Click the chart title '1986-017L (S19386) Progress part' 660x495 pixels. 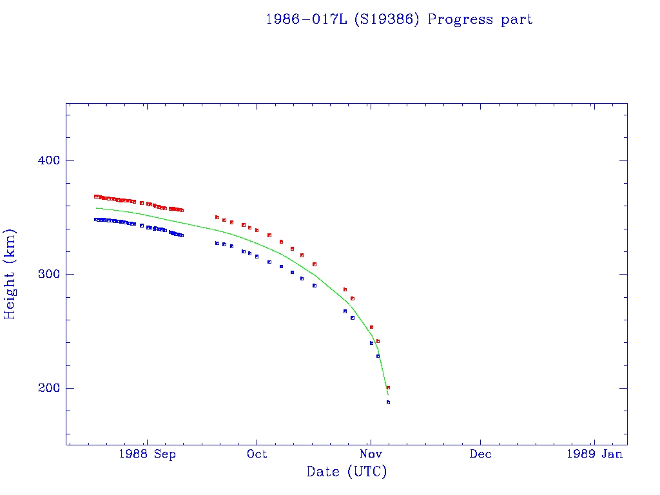click(x=399, y=19)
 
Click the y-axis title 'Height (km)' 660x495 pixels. click(x=10, y=274)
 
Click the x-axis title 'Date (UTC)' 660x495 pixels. click(x=346, y=472)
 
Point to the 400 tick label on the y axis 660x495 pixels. click(x=46, y=160)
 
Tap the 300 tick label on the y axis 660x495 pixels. click(x=46, y=274)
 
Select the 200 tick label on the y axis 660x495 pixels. click(x=46, y=388)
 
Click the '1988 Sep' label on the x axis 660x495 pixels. click(x=147, y=454)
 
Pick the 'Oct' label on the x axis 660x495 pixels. click(x=257, y=454)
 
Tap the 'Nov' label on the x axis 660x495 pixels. click(x=370, y=454)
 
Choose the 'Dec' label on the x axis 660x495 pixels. click(x=480, y=454)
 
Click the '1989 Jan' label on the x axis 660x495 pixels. click(x=594, y=454)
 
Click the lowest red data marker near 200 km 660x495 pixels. click(x=388, y=387)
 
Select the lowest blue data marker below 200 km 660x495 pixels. click(x=388, y=402)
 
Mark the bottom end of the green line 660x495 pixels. click(x=388, y=394)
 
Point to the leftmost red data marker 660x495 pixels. click(x=95, y=197)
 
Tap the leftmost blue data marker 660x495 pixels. click(x=95, y=219)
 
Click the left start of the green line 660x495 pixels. click(x=95, y=208)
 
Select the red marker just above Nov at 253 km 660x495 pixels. click(x=371, y=327)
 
